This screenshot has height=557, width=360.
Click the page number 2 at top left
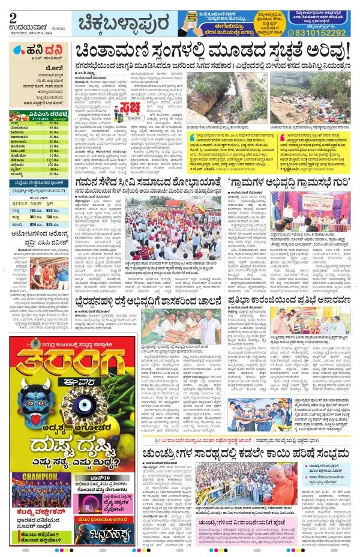tap(13, 17)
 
